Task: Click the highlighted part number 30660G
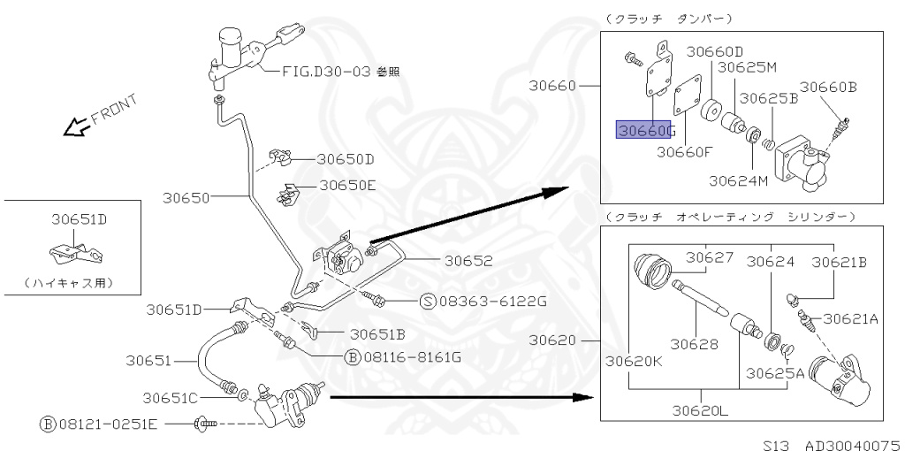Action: pos(645,130)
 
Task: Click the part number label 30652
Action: pos(468,261)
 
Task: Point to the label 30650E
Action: pos(347,185)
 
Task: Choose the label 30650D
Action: pos(346,159)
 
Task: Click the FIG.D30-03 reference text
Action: pos(340,72)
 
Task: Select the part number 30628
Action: pos(695,345)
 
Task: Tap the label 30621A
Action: pos(851,318)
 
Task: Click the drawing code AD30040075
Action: pos(852,445)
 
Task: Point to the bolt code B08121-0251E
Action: pos(99,424)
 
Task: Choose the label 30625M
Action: pos(748,67)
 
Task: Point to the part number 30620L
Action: pos(701,410)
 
